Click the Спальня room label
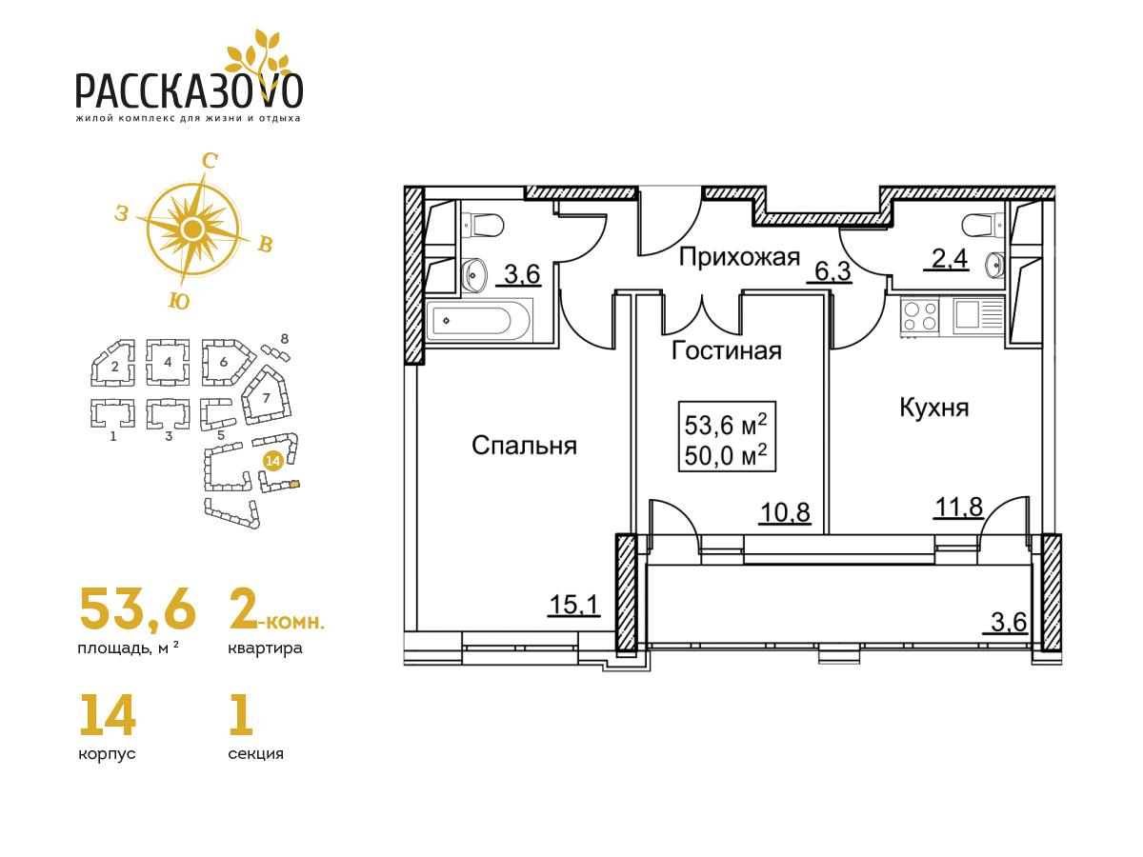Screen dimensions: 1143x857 point(524,446)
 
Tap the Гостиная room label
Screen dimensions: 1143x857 point(727,350)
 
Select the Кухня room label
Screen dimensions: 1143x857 point(933,408)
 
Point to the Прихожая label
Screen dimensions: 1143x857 point(739,257)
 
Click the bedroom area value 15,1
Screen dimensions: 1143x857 point(573,605)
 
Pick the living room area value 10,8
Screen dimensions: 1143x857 point(785,512)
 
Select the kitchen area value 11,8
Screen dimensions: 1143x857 point(958,507)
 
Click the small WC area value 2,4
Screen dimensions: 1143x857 point(946,259)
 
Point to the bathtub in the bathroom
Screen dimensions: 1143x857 point(478,320)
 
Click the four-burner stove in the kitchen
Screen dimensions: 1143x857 point(919,316)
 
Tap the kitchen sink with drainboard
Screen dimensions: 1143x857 point(977,316)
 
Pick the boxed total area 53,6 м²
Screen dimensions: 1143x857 point(726,426)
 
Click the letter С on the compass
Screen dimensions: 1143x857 point(209,162)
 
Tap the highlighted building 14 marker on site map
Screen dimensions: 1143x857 point(272,461)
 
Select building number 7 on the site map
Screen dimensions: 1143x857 point(266,398)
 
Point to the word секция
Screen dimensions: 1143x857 point(255,753)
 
